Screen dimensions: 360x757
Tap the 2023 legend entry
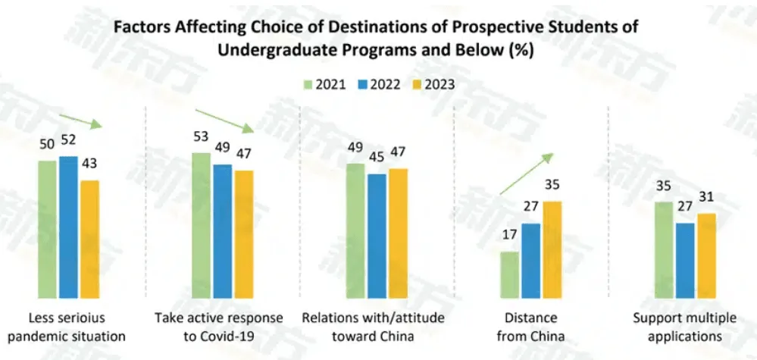click(x=434, y=84)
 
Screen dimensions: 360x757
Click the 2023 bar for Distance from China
click(x=552, y=249)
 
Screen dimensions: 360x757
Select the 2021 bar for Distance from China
click(x=509, y=274)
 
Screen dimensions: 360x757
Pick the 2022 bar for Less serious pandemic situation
click(x=68, y=227)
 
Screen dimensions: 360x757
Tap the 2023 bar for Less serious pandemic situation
click(x=89, y=239)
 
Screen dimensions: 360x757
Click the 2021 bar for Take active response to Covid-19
click(x=201, y=225)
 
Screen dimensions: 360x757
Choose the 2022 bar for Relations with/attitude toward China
click(x=377, y=236)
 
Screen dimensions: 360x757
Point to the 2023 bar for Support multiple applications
click(x=706, y=255)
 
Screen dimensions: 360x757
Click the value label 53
click(x=201, y=136)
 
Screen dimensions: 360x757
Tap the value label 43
click(x=90, y=164)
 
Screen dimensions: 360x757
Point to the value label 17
click(x=510, y=235)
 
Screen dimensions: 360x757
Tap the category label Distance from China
click(x=530, y=326)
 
